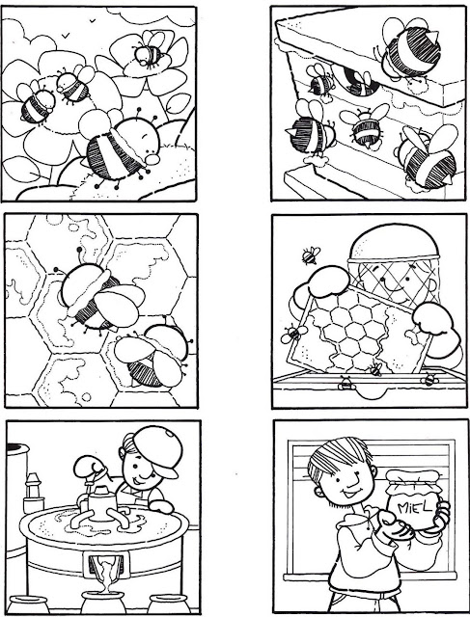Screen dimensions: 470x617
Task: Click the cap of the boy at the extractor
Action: [x=160, y=449]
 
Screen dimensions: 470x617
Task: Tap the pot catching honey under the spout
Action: [x=103, y=602]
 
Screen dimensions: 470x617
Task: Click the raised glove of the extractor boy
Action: [x=90, y=466]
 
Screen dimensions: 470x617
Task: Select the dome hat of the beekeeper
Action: [x=394, y=242]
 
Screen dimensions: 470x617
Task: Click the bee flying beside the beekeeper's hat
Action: [x=311, y=255]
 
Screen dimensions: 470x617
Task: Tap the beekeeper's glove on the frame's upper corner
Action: [x=328, y=282]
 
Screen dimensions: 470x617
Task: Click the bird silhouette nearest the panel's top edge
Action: [x=93, y=20]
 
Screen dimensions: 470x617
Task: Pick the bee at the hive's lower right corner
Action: [x=428, y=158]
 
